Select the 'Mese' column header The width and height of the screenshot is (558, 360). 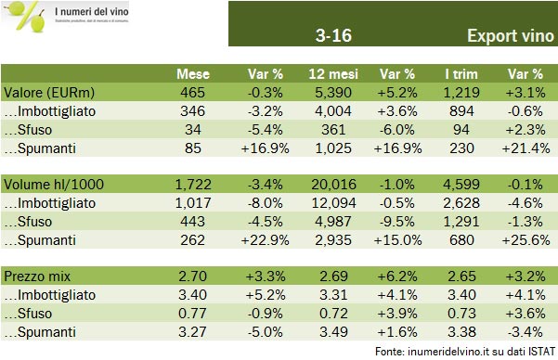pyautogui.click(x=195, y=74)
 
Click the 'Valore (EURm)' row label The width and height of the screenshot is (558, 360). pyautogui.click(x=45, y=93)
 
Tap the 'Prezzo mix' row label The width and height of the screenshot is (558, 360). pyautogui.click(x=36, y=276)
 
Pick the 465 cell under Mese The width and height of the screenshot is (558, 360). pyautogui.click(x=197, y=93)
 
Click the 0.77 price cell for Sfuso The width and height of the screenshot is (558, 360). pyautogui.click(x=196, y=313)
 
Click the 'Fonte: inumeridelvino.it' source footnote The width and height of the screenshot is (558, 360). pyautogui.click(x=465, y=351)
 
